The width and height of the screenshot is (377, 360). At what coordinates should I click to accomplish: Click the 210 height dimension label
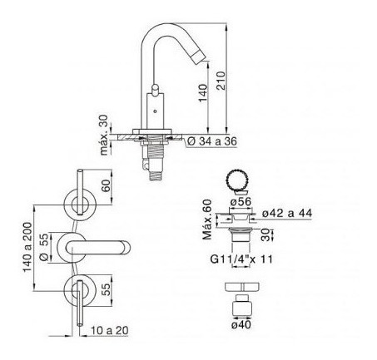tap(221, 81)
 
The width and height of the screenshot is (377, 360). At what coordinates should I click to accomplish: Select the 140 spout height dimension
tap(203, 93)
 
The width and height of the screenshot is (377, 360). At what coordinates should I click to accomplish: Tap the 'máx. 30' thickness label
tap(105, 135)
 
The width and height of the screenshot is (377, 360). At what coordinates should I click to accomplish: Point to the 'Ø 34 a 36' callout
tap(212, 141)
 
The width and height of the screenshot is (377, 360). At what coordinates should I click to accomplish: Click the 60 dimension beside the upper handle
tap(106, 185)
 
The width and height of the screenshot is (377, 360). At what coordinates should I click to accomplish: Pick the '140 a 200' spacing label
tap(27, 248)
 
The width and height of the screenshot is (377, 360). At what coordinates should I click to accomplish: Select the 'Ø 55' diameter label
tap(44, 248)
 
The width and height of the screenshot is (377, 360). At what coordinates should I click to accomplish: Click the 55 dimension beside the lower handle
tap(106, 289)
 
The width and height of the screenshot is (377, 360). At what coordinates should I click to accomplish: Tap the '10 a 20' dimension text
tap(110, 330)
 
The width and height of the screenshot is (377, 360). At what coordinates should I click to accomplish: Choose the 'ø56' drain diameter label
tap(241, 201)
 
